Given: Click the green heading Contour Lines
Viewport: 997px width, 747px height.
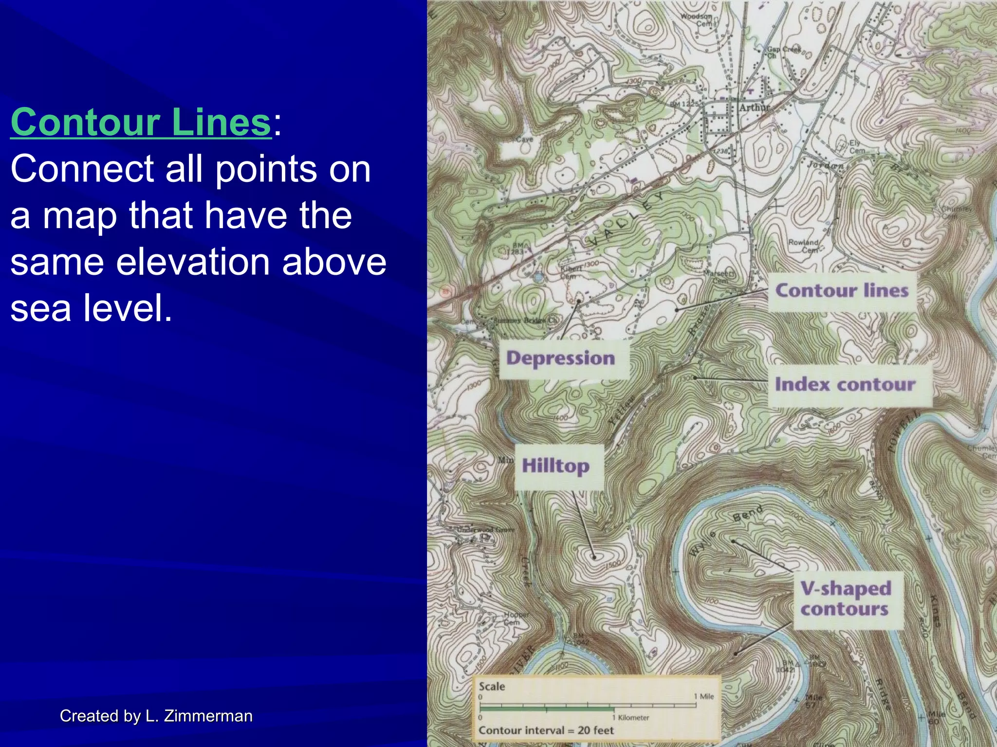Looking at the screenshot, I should pyautogui.click(x=141, y=122).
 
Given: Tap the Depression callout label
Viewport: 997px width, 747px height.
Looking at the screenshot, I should pyautogui.click(x=561, y=358).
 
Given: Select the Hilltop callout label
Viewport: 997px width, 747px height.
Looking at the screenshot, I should pyautogui.click(x=555, y=466).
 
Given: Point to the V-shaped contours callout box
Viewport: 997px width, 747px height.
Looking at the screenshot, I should pyautogui.click(x=846, y=599).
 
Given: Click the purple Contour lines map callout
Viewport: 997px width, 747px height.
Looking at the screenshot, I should pyautogui.click(x=842, y=291).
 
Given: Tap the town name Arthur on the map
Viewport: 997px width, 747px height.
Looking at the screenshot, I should pyautogui.click(x=755, y=107).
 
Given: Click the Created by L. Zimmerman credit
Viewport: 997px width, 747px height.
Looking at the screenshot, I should pyautogui.click(x=156, y=716).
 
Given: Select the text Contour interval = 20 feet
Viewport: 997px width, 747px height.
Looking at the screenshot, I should pyautogui.click(x=546, y=730).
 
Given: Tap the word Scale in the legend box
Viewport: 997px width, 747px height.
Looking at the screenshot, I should pyautogui.click(x=492, y=686).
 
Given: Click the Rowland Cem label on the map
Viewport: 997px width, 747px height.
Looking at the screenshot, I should pyautogui.click(x=803, y=246).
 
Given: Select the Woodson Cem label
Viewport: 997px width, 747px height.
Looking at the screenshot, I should pyautogui.click(x=697, y=19).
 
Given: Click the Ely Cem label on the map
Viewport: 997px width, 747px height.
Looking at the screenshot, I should pyautogui.click(x=857, y=147).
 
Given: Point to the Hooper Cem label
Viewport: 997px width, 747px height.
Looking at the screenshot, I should pyautogui.click(x=516, y=618).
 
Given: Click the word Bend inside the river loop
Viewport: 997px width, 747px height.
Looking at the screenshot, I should pyautogui.click(x=748, y=514).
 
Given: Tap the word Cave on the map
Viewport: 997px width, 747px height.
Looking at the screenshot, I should pyautogui.click(x=524, y=140).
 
